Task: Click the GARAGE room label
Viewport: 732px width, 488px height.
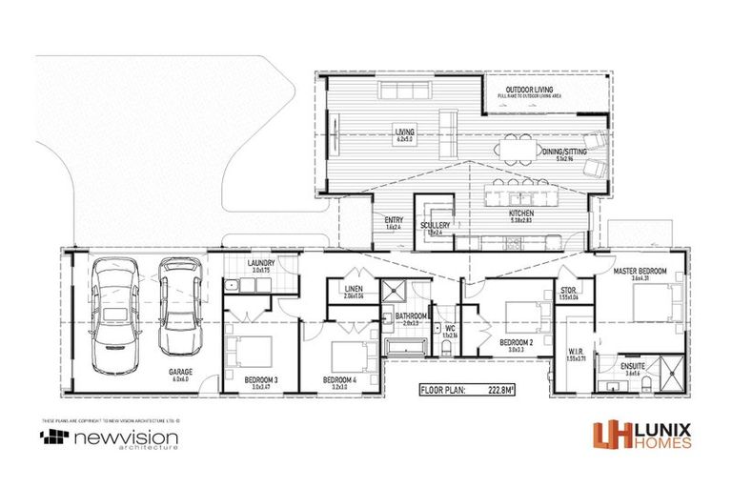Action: [181, 373]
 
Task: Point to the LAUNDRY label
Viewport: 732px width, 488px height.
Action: [260, 263]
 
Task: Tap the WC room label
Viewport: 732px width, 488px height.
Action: [450, 328]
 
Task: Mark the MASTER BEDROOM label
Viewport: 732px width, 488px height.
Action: [638, 271]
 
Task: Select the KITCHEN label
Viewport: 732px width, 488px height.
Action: [521, 214]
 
